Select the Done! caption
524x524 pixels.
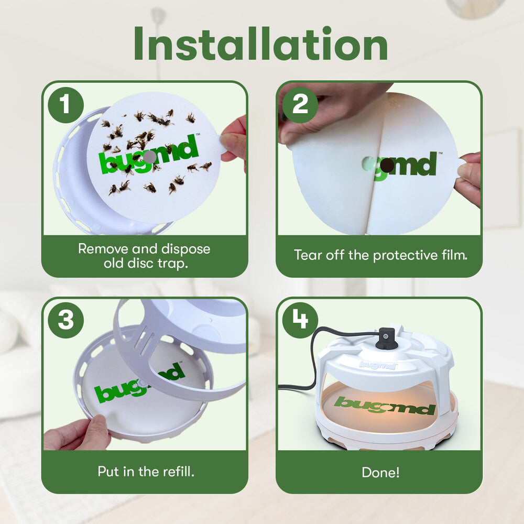pos(380,472)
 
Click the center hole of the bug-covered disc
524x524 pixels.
pos(149,157)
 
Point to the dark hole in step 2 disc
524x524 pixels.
pos(387,166)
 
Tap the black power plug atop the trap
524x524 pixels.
pos(386,338)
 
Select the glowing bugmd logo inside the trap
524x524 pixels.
pos(385,405)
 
